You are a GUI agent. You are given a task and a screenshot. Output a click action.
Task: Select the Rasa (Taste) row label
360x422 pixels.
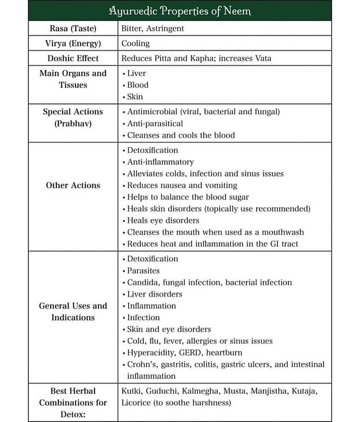tap(73, 28)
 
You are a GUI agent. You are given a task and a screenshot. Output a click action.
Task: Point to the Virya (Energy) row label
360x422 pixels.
tap(73, 43)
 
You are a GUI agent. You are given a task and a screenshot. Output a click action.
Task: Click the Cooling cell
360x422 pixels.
tap(135, 43)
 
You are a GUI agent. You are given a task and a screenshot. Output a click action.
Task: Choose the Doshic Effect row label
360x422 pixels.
tap(73, 58)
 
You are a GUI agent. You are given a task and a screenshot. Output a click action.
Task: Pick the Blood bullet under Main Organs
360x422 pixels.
tap(138, 85)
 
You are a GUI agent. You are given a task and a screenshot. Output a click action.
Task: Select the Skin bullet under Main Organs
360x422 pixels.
tap(135, 97)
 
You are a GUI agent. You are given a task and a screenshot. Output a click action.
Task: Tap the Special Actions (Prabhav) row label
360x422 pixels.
tap(73, 118)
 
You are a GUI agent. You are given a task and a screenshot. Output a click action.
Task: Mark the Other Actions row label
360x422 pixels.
tap(73, 185)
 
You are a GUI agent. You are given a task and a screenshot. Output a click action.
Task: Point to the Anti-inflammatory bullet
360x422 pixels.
tap(160, 162)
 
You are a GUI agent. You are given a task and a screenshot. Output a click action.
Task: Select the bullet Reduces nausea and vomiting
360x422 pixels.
tap(182, 185)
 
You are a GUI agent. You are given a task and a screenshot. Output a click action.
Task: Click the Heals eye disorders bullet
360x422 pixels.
tap(163, 220)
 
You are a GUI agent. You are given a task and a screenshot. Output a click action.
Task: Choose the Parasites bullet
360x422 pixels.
tap(143, 271)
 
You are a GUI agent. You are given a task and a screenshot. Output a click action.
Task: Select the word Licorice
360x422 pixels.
tap(138, 402)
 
